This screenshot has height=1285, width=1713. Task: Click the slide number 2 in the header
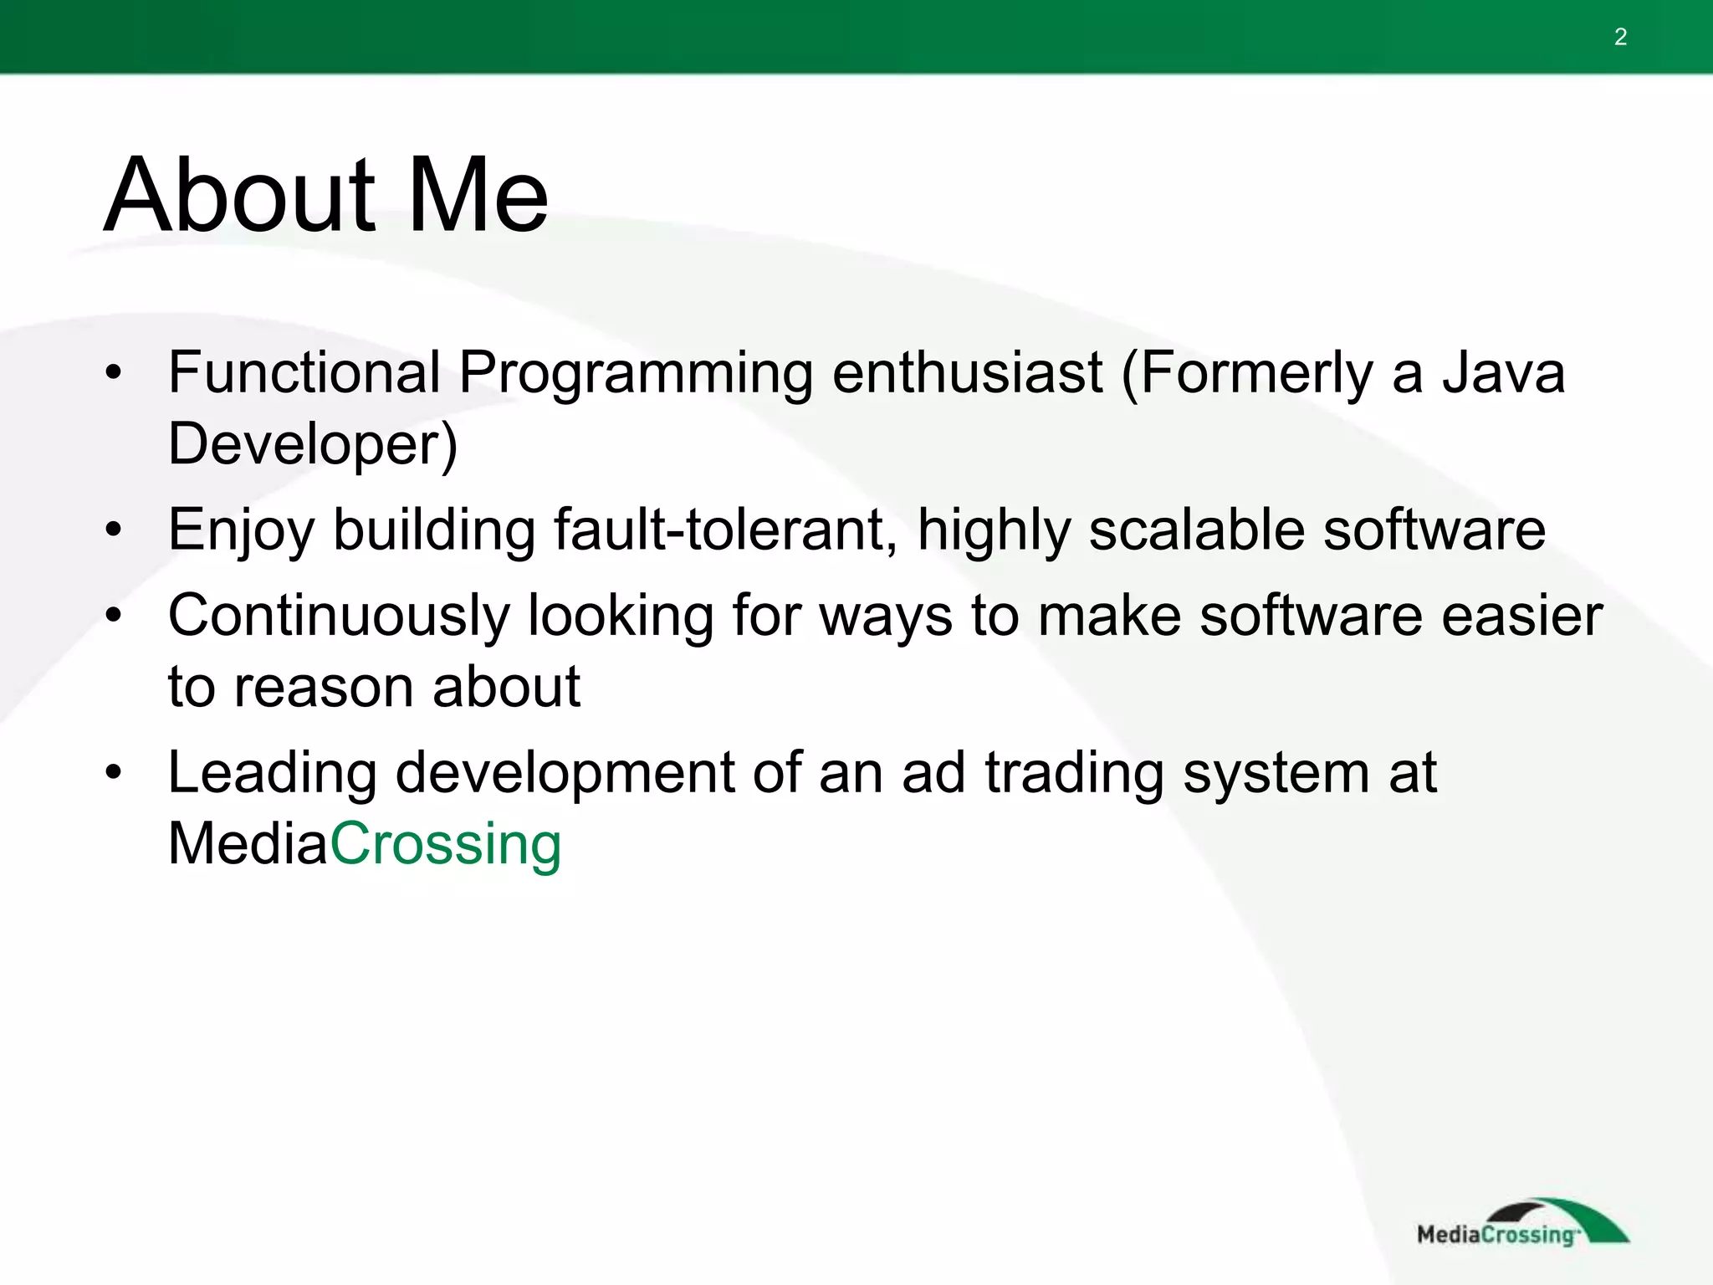coord(1620,37)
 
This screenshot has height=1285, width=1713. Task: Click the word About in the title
coord(239,196)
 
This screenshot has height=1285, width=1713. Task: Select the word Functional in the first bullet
coord(304,372)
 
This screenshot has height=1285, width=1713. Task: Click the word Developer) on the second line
coord(313,444)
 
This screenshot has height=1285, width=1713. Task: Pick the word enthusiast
coord(967,372)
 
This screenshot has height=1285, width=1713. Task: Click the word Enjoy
coord(241,531)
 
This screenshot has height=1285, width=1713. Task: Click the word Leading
coord(273,774)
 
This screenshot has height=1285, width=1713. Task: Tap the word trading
coord(1074,774)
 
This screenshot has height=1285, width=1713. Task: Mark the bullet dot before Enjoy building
coord(115,530)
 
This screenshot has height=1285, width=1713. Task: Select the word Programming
coord(636,374)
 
